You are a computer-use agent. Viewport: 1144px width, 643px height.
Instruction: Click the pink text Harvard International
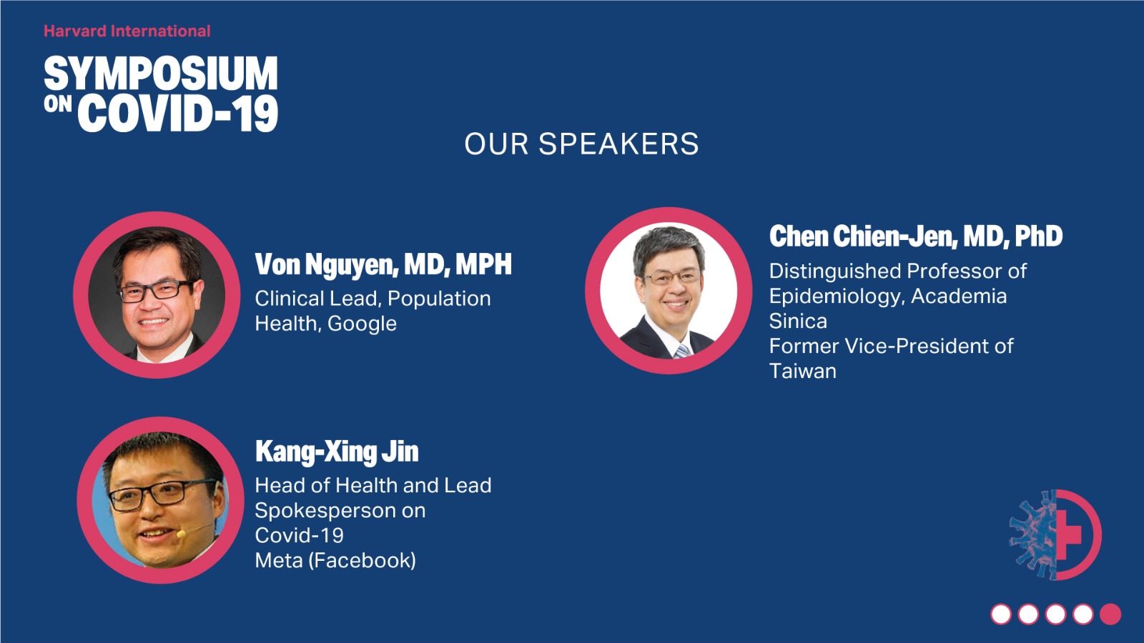click(x=127, y=31)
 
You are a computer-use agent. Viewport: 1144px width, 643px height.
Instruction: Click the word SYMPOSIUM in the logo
click(x=161, y=74)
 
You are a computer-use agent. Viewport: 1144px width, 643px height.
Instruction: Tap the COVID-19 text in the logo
click(x=178, y=114)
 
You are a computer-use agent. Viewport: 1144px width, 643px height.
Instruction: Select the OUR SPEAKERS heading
click(x=581, y=144)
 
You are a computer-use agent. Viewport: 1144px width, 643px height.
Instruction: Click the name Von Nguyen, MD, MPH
click(x=383, y=264)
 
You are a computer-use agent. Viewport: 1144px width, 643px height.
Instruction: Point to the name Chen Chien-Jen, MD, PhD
click(x=916, y=236)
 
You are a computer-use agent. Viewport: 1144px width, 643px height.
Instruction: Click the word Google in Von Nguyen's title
click(x=362, y=324)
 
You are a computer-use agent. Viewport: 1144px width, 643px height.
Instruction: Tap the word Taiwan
click(x=803, y=371)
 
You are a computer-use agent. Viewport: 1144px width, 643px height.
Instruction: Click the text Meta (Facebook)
click(x=335, y=561)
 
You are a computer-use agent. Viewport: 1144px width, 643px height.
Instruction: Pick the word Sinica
click(x=798, y=321)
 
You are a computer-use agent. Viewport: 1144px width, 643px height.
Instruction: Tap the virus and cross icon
click(x=1055, y=534)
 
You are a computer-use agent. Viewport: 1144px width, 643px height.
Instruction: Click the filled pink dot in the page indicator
click(x=1110, y=614)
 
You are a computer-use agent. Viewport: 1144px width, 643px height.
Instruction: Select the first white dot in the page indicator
click(x=1001, y=614)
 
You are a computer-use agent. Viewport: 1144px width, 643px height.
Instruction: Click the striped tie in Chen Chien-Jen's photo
click(x=682, y=351)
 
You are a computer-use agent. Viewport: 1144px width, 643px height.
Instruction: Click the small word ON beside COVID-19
click(x=58, y=104)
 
